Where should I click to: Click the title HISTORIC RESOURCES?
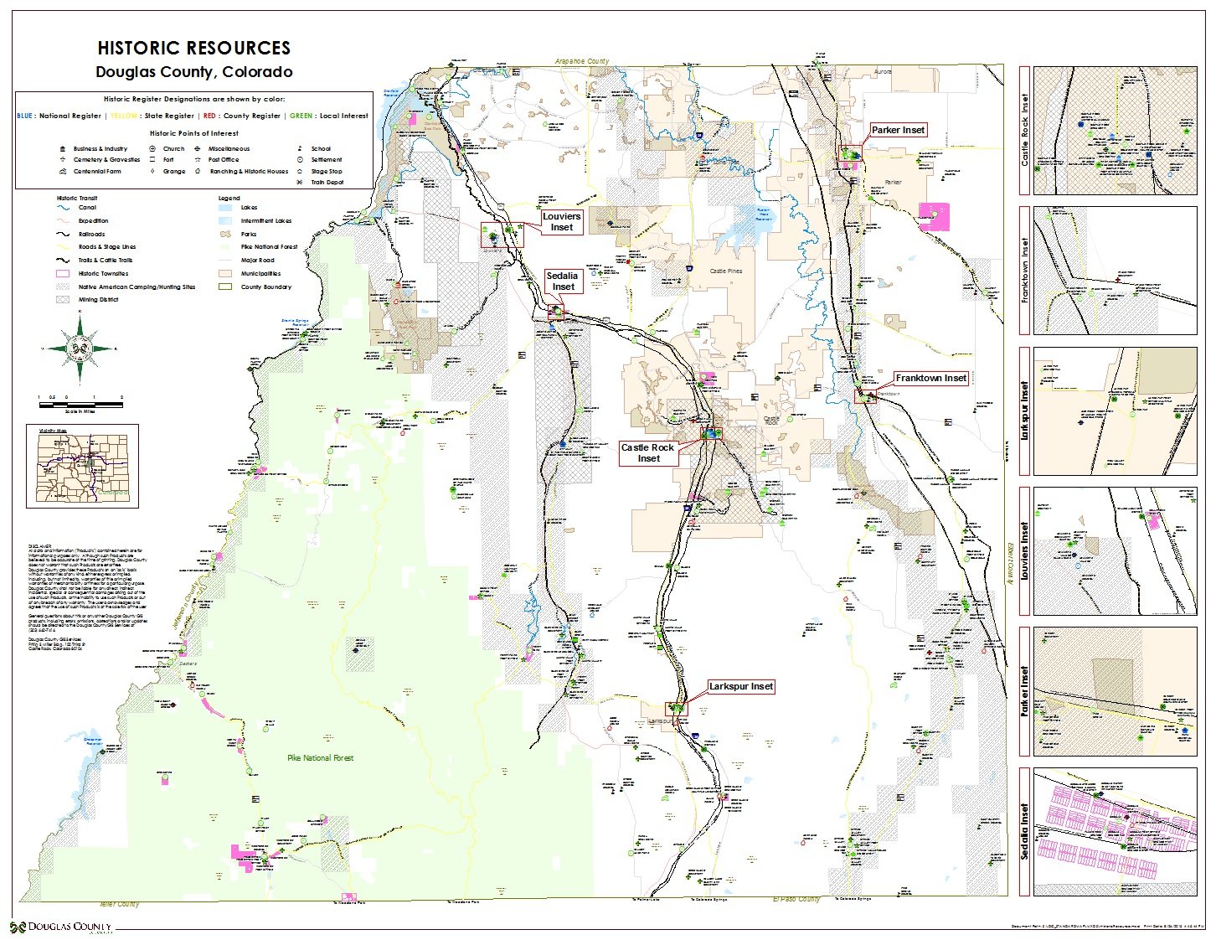tap(193, 48)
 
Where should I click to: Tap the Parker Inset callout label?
tap(898, 130)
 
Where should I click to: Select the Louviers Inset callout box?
tap(561, 222)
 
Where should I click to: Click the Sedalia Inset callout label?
tap(563, 281)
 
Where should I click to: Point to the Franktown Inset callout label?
tap(930, 379)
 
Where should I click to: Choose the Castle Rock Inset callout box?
tap(647, 453)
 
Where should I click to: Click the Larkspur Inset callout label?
tap(740, 687)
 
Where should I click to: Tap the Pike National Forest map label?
tap(320, 758)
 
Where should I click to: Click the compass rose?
tap(80, 348)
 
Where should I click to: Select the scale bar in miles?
tap(80, 405)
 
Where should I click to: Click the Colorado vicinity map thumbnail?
tap(82, 467)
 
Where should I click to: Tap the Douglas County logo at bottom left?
tap(61, 927)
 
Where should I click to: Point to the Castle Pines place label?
tap(725, 271)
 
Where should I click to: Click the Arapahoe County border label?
tap(582, 61)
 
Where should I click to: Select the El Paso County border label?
tap(796, 899)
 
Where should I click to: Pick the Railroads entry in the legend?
tap(92, 234)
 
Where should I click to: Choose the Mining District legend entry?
tap(98, 299)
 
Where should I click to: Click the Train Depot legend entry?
tap(327, 182)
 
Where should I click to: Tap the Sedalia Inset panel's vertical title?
tap(1024, 832)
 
